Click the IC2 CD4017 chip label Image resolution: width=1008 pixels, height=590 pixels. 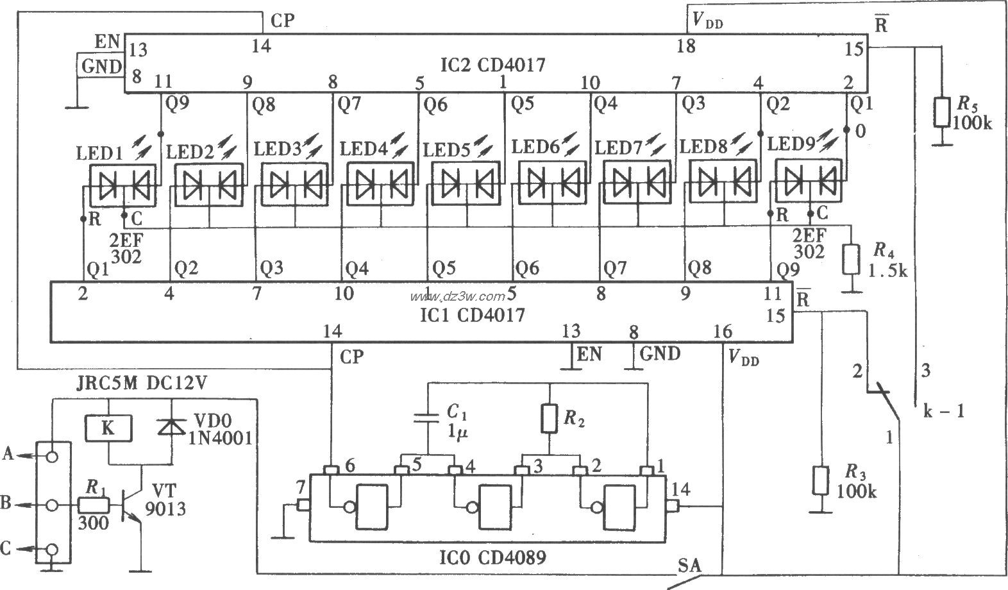(x=493, y=65)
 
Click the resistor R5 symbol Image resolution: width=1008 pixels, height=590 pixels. (x=941, y=112)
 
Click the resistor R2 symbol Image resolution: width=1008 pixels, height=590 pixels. (x=550, y=417)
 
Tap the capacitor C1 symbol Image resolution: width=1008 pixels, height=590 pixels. (x=428, y=418)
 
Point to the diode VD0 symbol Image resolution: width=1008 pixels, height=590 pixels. (x=171, y=428)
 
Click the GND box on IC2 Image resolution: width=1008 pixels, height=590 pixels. (x=101, y=67)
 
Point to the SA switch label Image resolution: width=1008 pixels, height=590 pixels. (x=689, y=566)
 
